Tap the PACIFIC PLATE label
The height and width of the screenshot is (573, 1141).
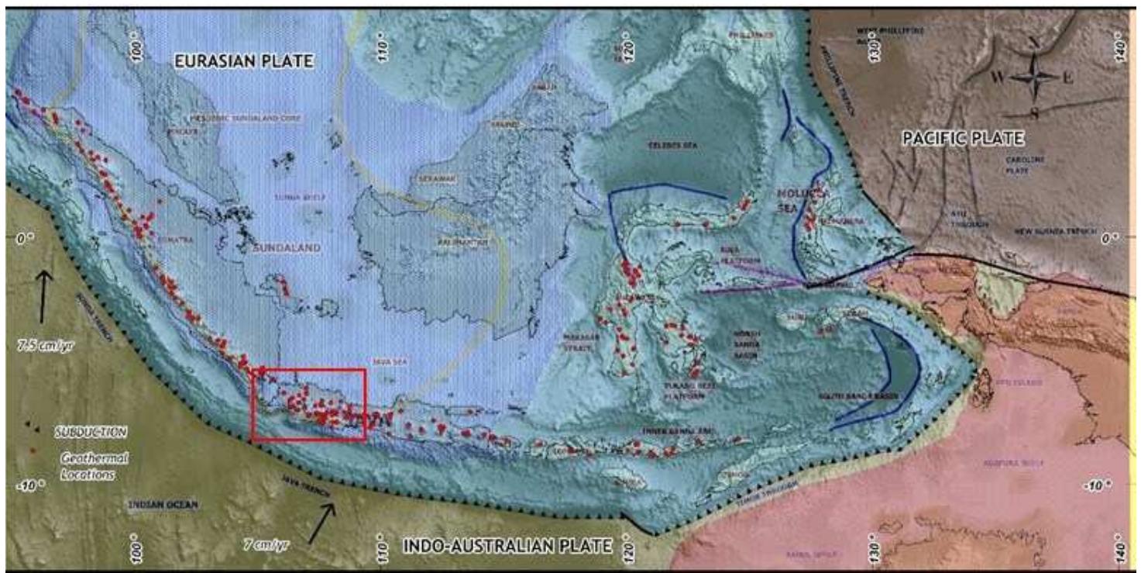[x=963, y=139]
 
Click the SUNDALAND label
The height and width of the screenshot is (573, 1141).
[x=286, y=248]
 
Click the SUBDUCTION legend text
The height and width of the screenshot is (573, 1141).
[x=90, y=430]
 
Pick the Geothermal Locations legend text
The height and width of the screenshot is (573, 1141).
[x=90, y=466]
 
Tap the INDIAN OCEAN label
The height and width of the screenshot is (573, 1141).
[x=162, y=504]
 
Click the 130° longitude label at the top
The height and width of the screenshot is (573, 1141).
[x=876, y=54]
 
